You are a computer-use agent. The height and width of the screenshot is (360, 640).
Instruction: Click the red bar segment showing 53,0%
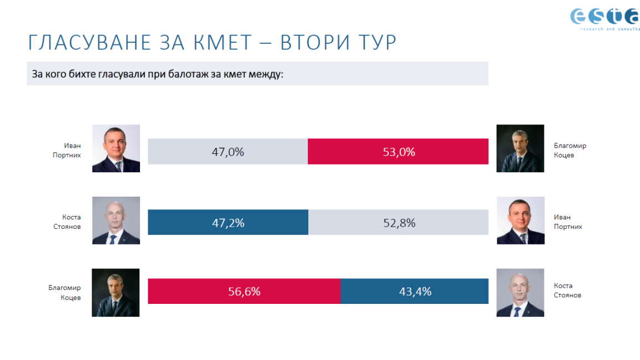pos(398,152)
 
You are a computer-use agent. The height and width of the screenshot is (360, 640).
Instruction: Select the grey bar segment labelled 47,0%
pos(228,152)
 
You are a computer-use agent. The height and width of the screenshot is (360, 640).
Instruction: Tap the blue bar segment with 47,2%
pos(228,223)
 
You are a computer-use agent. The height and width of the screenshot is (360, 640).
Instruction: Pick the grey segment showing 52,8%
pos(398,223)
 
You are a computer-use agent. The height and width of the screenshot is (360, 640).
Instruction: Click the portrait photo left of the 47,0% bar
pos(116,148)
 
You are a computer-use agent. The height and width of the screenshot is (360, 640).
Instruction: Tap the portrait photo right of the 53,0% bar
pos(520,148)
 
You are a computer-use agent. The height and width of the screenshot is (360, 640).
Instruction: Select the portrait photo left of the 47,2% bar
pos(116,220)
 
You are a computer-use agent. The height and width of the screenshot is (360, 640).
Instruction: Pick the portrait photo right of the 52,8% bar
pos(520,220)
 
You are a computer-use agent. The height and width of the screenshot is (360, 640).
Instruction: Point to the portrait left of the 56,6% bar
pos(116,292)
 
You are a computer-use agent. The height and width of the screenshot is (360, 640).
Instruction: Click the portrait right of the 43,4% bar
pos(520,292)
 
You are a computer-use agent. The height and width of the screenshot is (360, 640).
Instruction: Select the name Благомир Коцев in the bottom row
pos(65,293)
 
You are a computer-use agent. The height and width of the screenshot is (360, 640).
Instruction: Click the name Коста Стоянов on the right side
pos(567,291)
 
